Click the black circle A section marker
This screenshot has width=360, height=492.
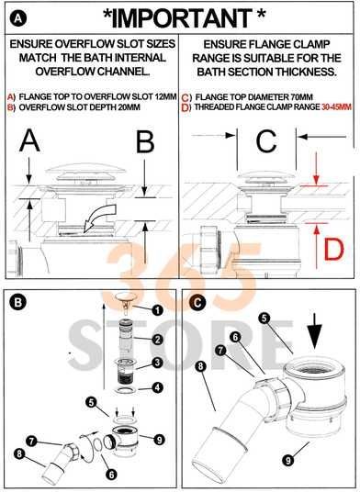[18, 18]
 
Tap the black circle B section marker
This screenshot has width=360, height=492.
[18, 302]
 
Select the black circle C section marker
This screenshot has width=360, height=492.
[198, 303]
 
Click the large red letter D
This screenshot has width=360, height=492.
[334, 250]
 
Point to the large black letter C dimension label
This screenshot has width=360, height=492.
[266, 141]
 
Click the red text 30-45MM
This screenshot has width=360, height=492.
[336, 107]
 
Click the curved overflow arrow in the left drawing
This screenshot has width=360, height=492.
[100, 218]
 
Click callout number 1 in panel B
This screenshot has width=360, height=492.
[157, 310]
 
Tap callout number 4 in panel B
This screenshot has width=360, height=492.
[157, 387]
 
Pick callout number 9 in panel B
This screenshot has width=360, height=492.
[159, 440]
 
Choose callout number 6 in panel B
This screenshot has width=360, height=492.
[111, 475]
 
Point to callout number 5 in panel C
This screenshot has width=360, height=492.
[264, 319]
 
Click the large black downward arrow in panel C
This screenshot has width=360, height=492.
[313, 334]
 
